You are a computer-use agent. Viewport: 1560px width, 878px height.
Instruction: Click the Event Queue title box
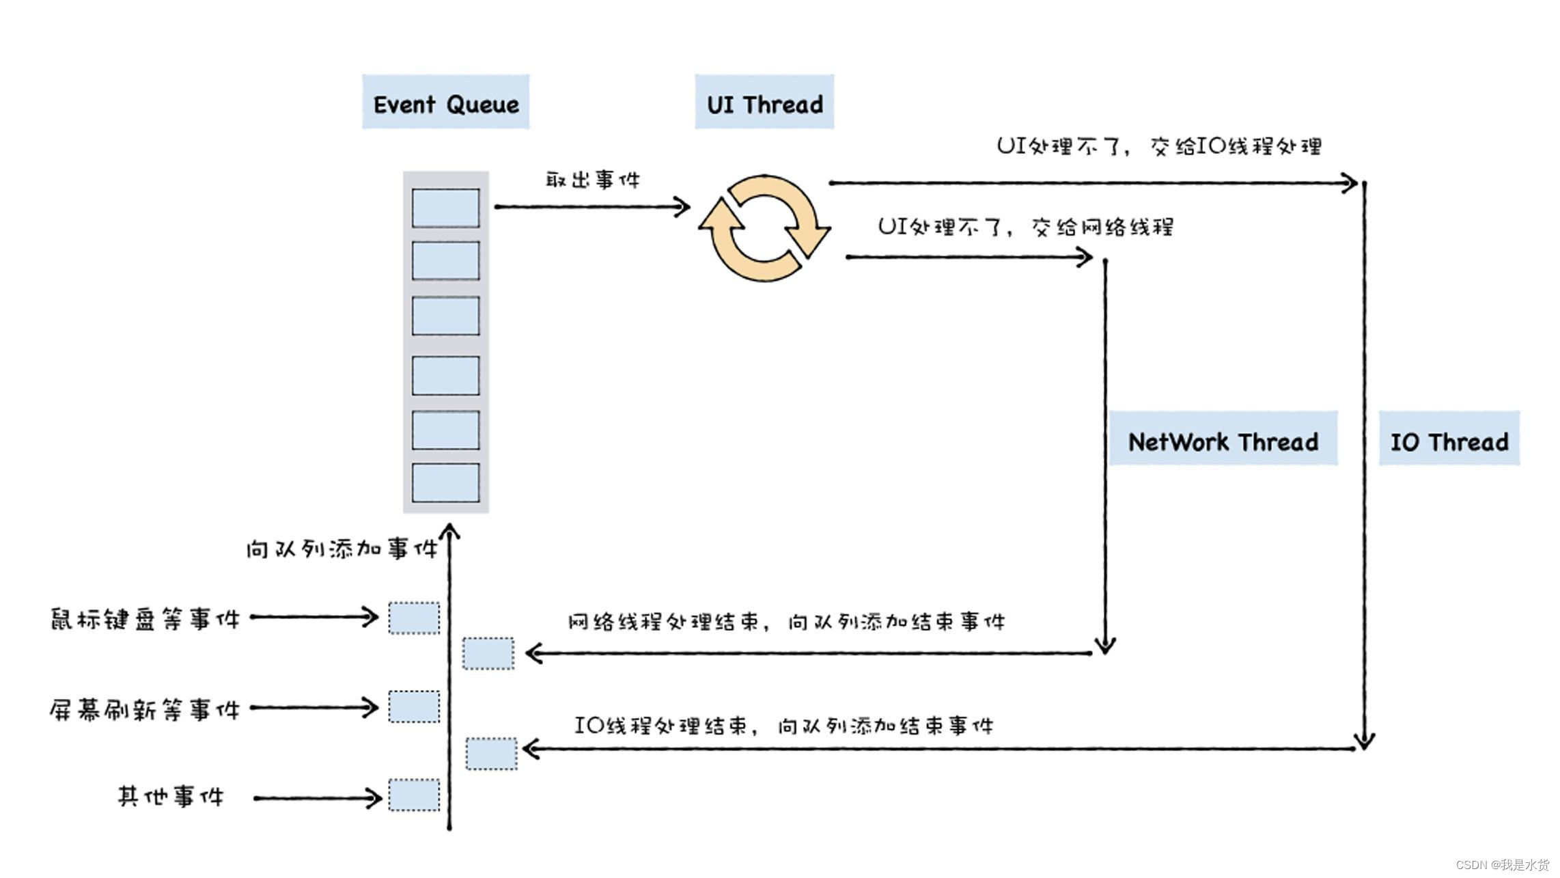pyautogui.click(x=445, y=102)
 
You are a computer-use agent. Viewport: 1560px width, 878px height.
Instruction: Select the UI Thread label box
pyautogui.click(x=764, y=102)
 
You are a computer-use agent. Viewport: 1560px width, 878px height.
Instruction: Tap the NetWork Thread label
pyautogui.click(x=1223, y=439)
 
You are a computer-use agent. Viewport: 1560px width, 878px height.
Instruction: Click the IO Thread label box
pyautogui.click(x=1449, y=439)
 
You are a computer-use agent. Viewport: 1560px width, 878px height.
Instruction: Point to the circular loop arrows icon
pyautogui.click(x=764, y=228)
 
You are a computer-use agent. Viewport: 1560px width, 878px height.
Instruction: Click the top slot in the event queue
pyautogui.click(x=445, y=208)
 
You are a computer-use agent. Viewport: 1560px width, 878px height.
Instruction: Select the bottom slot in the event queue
pyautogui.click(x=445, y=482)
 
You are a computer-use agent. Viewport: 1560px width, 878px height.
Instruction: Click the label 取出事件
pyautogui.click(x=592, y=180)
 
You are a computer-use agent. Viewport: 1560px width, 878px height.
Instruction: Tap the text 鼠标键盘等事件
pyautogui.click(x=145, y=619)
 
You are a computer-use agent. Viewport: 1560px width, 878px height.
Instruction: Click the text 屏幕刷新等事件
pyautogui.click(x=145, y=709)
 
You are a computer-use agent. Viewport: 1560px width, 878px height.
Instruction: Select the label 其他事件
pyautogui.click(x=170, y=796)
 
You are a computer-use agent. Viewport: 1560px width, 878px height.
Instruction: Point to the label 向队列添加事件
pyautogui.click(x=341, y=549)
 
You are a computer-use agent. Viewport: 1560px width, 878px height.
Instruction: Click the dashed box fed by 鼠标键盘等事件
pyautogui.click(x=414, y=618)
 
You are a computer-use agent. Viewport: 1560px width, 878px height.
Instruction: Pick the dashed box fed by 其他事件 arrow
pyautogui.click(x=414, y=795)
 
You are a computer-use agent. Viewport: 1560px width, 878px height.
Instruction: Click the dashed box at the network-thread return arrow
pyautogui.click(x=488, y=653)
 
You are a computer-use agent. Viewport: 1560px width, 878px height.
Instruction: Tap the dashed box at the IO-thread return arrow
pyautogui.click(x=491, y=754)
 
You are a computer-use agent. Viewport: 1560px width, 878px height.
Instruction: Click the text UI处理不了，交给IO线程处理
pyautogui.click(x=1159, y=146)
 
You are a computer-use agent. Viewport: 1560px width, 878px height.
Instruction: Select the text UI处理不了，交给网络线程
pyautogui.click(x=1025, y=226)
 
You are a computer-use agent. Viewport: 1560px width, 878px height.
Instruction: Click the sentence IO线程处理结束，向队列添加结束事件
pyautogui.click(x=783, y=725)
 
